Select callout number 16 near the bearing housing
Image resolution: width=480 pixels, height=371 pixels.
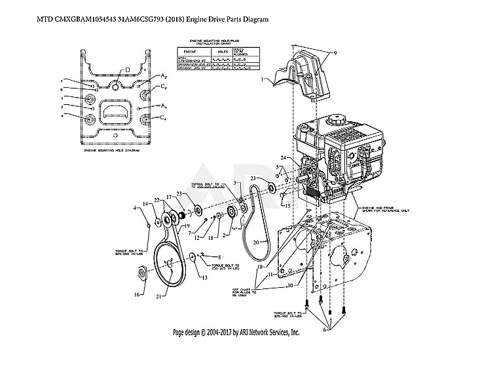pyautogui.click(x=137, y=295)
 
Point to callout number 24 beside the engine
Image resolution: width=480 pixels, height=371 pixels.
pyautogui.click(x=282, y=158)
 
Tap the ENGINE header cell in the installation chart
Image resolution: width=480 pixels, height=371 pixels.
pyautogui.click(x=190, y=50)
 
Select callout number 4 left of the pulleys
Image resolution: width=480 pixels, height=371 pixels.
pyautogui.click(x=136, y=208)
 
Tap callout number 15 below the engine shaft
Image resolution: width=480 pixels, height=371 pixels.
pyautogui.click(x=286, y=205)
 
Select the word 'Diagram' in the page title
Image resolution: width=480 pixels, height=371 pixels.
pyautogui.click(x=255, y=19)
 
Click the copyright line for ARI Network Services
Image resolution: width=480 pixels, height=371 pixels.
pyautogui.click(x=236, y=332)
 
